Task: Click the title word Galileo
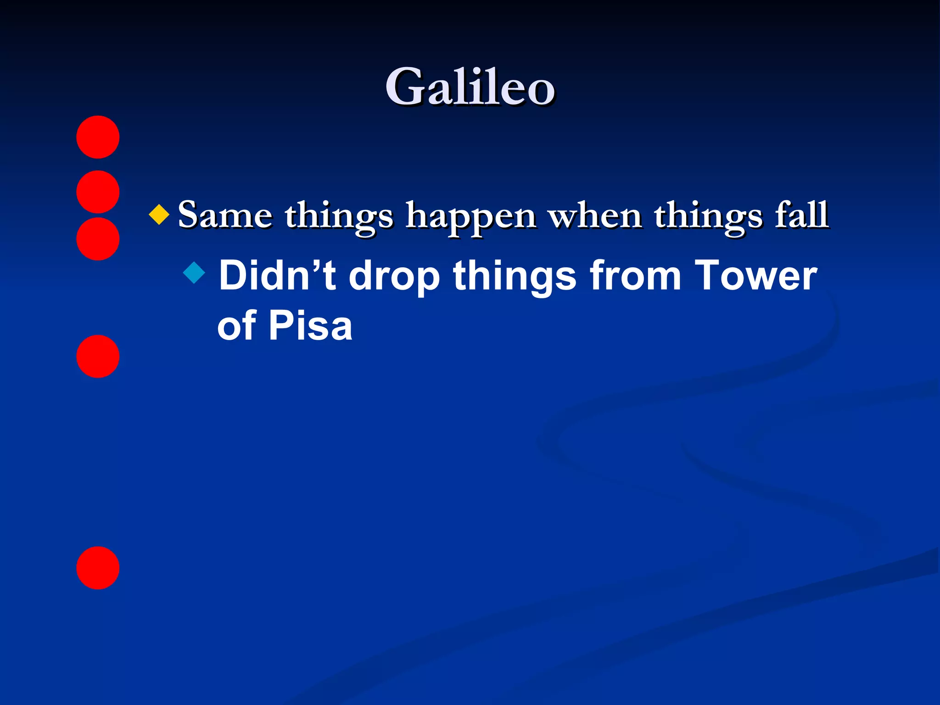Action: pyautogui.click(x=470, y=87)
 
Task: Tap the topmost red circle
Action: pyautogui.click(x=98, y=137)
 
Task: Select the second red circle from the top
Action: pyautogui.click(x=98, y=191)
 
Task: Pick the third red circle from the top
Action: pyautogui.click(x=98, y=239)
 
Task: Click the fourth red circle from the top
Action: pyautogui.click(x=98, y=356)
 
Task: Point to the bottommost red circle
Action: pyautogui.click(x=98, y=568)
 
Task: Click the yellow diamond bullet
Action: pyautogui.click(x=159, y=214)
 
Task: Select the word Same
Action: pyautogui.click(x=225, y=215)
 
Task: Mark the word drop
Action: pyautogui.click(x=394, y=277)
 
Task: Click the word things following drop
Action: pyautogui.click(x=514, y=277)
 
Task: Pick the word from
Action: pyautogui.click(x=635, y=275)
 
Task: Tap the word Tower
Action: pyautogui.click(x=755, y=275)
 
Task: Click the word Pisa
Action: pyautogui.click(x=310, y=325)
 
